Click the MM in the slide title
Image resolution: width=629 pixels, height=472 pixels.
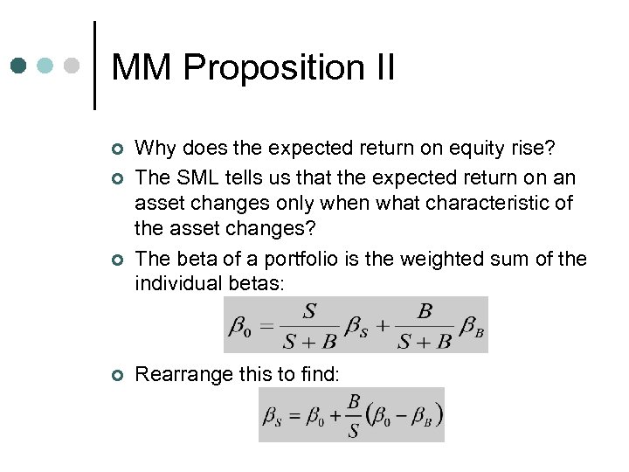tap(142, 67)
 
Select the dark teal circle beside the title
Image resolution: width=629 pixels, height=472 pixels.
tap(20, 66)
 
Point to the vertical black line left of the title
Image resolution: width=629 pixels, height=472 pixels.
tap(93, 65)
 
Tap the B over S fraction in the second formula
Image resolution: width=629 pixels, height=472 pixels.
tap(353, 415)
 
